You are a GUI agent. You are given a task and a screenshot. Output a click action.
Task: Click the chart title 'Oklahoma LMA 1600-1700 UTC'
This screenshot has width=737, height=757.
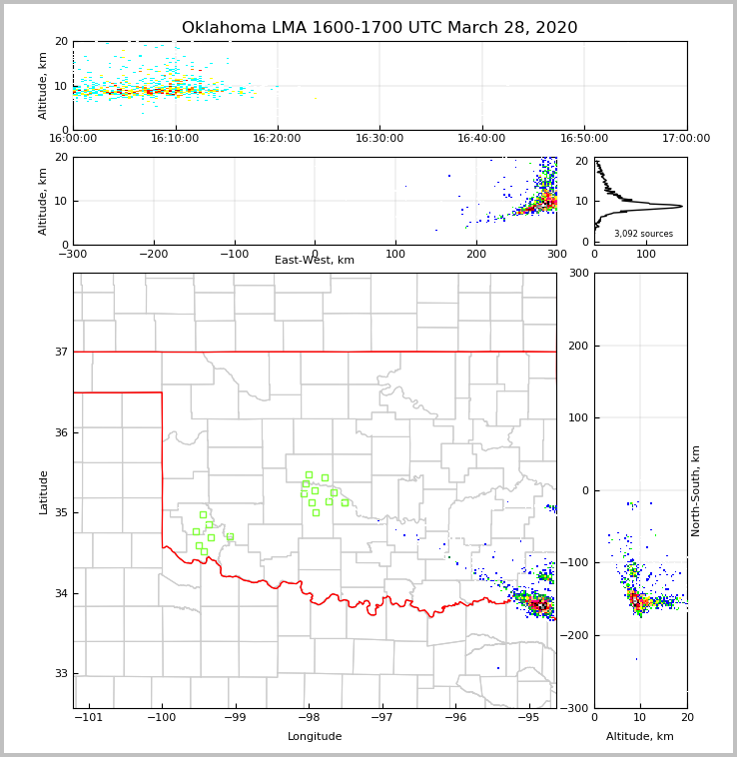click(379, 28)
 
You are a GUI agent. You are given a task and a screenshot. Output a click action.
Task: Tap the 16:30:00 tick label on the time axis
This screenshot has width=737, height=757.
click(379, 138)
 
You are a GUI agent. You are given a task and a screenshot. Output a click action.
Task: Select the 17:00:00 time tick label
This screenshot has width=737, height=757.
click(686, 138)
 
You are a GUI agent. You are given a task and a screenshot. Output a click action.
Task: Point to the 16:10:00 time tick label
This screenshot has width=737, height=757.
click(176, 138)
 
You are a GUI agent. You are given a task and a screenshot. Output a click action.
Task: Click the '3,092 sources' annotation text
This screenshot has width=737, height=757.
click(643, 234)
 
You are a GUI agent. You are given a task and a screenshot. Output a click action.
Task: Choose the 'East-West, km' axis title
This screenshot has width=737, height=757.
click(315, 261)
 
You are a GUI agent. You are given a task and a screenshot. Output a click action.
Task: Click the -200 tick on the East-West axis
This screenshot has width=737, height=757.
click(153, 255)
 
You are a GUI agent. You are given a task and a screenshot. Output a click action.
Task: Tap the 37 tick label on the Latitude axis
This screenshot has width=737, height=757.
click(61, 352)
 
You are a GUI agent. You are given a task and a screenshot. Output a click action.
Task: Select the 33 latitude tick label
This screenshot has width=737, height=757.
click(61, 674)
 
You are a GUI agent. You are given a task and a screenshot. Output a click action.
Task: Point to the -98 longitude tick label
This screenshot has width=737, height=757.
click(309, 718)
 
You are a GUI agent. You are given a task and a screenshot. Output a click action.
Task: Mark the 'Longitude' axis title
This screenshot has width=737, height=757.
click(315, 737)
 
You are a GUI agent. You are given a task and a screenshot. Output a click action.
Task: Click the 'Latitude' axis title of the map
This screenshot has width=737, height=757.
click(44, 491)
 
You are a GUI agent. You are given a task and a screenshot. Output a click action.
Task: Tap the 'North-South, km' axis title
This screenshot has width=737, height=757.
click(696, 490)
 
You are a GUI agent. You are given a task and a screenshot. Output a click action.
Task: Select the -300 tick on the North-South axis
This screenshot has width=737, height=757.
click(578, 708)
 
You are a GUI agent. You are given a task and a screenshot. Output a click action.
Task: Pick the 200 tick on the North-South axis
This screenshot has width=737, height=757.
click(578, 346)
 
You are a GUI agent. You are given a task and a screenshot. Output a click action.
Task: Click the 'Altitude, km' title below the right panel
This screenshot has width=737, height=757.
click(640, 737)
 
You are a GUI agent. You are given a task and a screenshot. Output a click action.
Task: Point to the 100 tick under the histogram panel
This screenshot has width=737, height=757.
click(646, 255)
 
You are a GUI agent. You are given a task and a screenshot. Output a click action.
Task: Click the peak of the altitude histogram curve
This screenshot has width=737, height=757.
click(682, 206)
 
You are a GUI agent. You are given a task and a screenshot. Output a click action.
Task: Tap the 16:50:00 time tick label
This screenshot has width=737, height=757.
click(584, 138)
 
